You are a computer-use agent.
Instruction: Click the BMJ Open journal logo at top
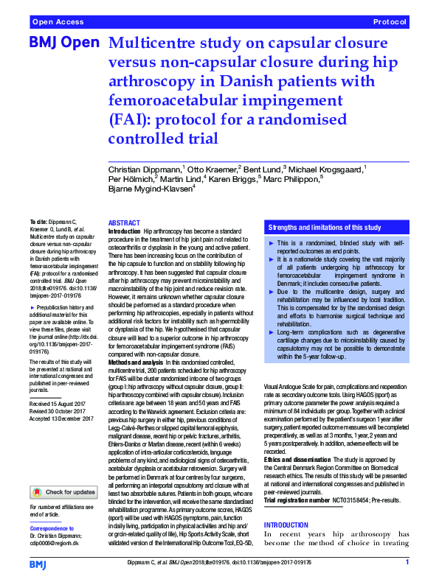point(63,43)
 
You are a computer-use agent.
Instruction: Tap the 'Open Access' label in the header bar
point(57,24)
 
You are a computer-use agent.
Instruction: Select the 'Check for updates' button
point(63,491)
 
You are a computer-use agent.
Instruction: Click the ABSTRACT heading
point(123,223)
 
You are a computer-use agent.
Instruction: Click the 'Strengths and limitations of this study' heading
point(325,227)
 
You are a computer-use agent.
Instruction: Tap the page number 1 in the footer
point(407,563)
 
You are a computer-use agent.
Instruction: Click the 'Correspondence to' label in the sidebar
point(54,529)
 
